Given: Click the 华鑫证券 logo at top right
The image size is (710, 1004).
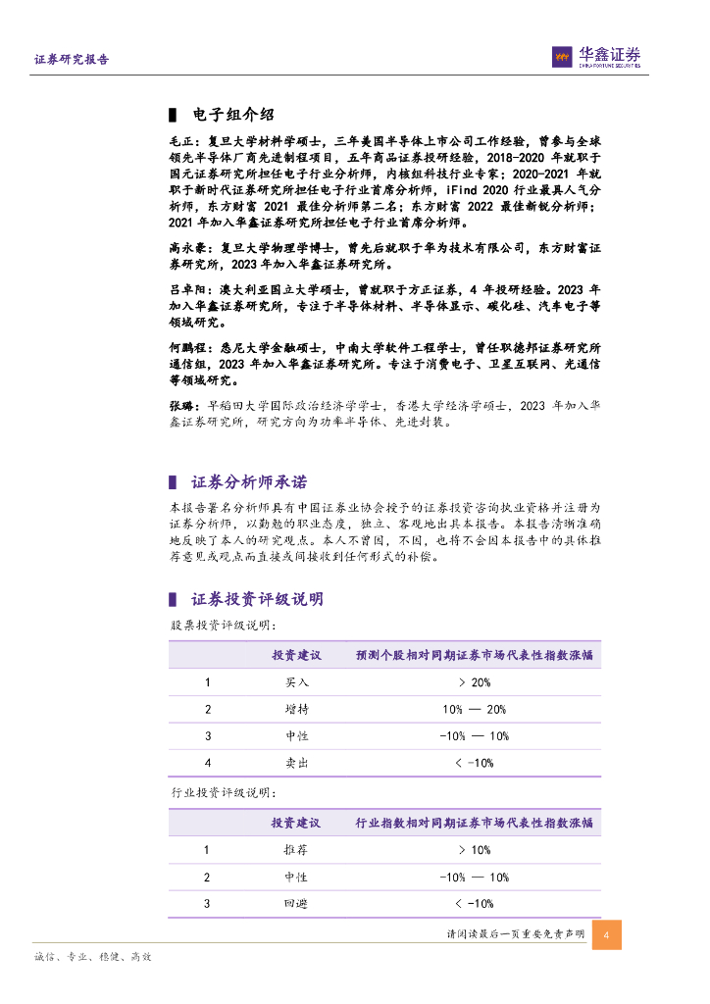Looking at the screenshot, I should pos(595,58).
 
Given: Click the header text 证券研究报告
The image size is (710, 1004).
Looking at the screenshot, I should pos(72,60).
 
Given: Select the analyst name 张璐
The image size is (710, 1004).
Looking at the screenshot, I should pos(182,407).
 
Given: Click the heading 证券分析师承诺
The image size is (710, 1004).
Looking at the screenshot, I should pos(248,481).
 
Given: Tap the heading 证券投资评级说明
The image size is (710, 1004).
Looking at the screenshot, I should pos(257,599).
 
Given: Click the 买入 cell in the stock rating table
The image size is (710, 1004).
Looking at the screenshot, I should pos(296,682).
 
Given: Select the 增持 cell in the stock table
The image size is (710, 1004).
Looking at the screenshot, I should pos(296,709).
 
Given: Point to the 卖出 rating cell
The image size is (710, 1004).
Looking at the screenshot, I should pos(296,762).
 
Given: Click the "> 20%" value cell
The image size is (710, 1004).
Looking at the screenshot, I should pos(474,682).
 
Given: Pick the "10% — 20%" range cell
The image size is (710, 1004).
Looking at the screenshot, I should pos(474,709).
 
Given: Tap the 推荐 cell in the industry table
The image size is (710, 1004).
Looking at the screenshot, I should pos(296,851).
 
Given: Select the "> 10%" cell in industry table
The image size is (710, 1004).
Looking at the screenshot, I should pos(474,851).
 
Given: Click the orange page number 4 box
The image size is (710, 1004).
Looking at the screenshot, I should pos(607,934).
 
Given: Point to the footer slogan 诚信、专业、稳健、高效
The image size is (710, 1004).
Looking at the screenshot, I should pos(93,956).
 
